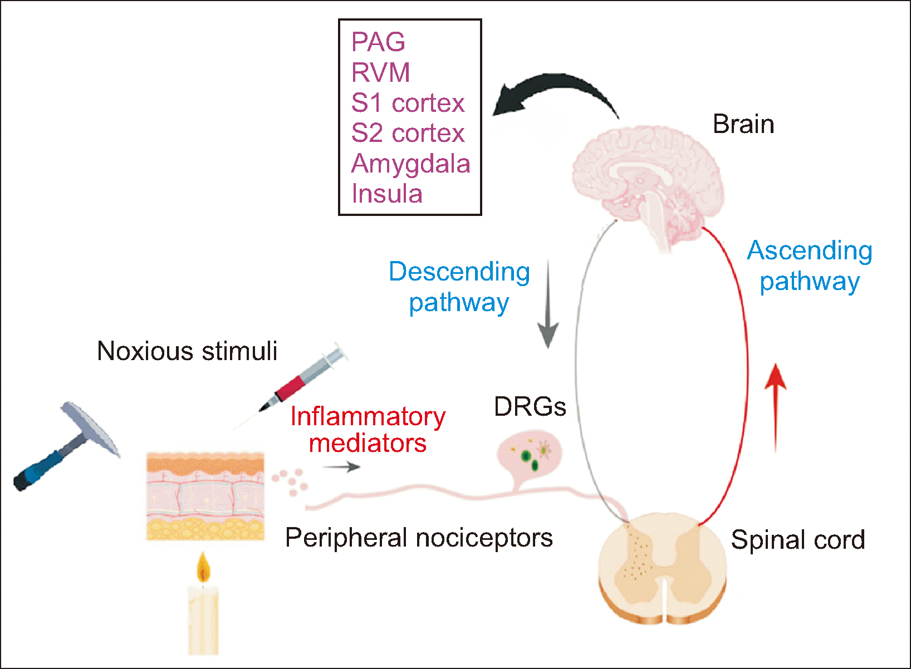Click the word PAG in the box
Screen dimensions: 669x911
tap(378, 42)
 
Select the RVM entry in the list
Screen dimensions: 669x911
tap(381, 73)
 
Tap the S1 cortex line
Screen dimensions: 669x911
tap(408, 103)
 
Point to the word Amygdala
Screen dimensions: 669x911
tap(411, 164)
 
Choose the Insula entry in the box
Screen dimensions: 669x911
tap(387, 194)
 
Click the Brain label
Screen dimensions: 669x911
tap(743, 124)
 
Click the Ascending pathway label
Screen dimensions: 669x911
tap(810, 265)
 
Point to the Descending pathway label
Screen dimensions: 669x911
tap(459, 287)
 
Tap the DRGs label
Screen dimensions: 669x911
tap(530, 407)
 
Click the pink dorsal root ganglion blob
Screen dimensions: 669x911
tap(530, 454)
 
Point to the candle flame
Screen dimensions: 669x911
tap(203, 568)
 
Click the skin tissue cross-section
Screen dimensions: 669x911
tap(205, 495)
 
